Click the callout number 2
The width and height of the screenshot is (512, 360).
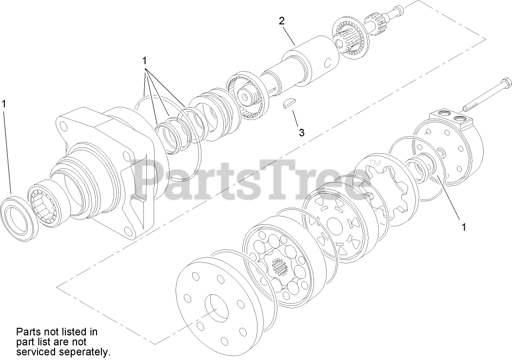click(x=281, y=21)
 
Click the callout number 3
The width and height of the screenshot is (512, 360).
click(x=301, y=132)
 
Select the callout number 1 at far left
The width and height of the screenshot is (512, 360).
click(x=4, y=103)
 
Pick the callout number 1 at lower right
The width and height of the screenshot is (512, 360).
click(x=464, y=227)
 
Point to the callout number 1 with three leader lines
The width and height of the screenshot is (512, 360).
click(x=144, y=60)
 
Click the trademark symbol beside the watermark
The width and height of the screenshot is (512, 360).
click(x=374, y=162)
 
